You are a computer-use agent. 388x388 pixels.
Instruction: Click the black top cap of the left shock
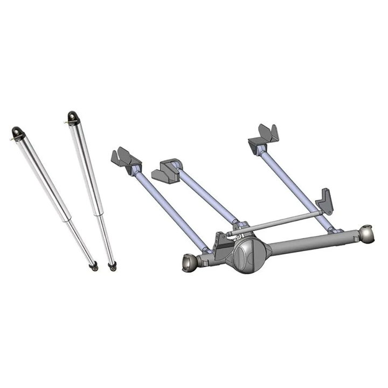point(18,133)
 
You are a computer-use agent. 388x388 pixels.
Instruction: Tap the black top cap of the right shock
point(72,117)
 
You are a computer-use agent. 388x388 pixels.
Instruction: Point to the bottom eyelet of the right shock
point(112,266)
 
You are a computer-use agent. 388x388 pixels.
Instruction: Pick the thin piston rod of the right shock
point(106,239)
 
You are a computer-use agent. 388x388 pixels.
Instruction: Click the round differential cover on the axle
point(250,254)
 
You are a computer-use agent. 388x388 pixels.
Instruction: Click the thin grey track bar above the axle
point(280,223)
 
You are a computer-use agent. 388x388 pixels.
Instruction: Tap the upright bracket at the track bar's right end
point(324,202)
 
